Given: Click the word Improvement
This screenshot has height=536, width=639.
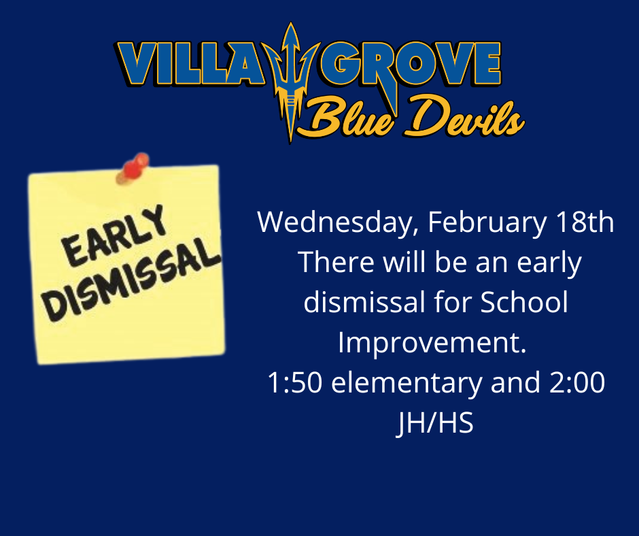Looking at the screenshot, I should (x=432, y=344).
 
